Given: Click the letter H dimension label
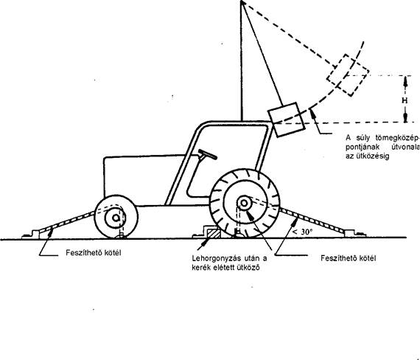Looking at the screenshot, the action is tap(405, 100).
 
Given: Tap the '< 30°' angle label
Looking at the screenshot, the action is tap(302, 232).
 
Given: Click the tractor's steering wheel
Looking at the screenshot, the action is tap(207, 154).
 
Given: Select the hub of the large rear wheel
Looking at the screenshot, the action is tap(244, 204).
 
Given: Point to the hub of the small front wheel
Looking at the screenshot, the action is tap(116, 218).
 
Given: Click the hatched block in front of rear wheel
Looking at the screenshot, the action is tap(213, 233).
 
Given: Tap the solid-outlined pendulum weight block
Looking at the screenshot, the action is tap(287, 120).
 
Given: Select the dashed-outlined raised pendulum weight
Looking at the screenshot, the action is tap(348, 75).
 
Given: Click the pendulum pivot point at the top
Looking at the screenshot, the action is tap(242, 1).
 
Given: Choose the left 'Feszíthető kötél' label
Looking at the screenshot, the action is tap(94, 253).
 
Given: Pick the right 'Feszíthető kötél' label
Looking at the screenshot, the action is tap(349, 258).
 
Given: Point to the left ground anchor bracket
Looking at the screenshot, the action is tap(32, 234).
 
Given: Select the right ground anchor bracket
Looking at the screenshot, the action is tap(355, 234).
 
